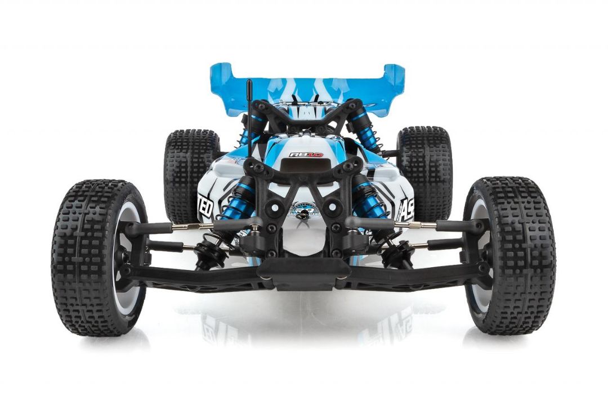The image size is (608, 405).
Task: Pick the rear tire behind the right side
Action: tap(424, 169)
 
